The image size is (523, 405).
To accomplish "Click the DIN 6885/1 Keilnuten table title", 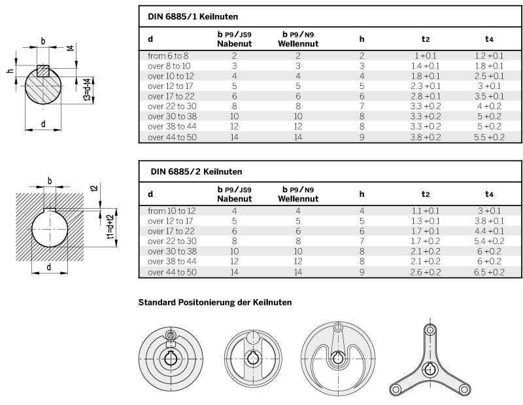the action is click(193, 17).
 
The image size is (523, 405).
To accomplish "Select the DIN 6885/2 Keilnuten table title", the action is click(196, 171).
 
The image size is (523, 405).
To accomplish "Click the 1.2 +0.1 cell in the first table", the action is click(489, 56).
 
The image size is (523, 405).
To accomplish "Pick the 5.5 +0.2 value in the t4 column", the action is click(489, 137).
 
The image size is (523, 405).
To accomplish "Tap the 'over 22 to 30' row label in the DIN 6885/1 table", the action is click(172, 107).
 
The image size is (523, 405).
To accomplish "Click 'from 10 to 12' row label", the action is click(172, 211).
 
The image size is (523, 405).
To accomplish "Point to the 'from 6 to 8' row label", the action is click(168, 56).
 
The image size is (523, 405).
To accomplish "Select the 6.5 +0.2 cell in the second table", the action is click(489, 272).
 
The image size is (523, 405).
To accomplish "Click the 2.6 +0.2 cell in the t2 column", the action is click(426, 272).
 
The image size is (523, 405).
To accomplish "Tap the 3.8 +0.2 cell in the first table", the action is click(426, 137).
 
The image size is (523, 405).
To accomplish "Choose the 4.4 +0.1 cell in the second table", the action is click(489, 231).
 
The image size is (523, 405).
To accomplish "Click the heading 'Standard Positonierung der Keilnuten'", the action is click(215, 302).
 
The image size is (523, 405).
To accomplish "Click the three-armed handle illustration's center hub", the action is click(430, 369).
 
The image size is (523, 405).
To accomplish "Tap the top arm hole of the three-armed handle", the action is click(430, 330).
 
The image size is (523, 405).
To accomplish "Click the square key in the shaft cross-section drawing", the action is click(43, 71).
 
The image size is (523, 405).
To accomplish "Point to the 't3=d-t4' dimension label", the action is click(88, 89).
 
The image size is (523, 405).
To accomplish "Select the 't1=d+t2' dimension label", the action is click(110, 226).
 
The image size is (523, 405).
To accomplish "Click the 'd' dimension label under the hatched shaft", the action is click(43, 124).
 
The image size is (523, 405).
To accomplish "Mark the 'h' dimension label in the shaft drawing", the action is click(10, 71).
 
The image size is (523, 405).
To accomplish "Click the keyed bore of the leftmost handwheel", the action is click(171, 359).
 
